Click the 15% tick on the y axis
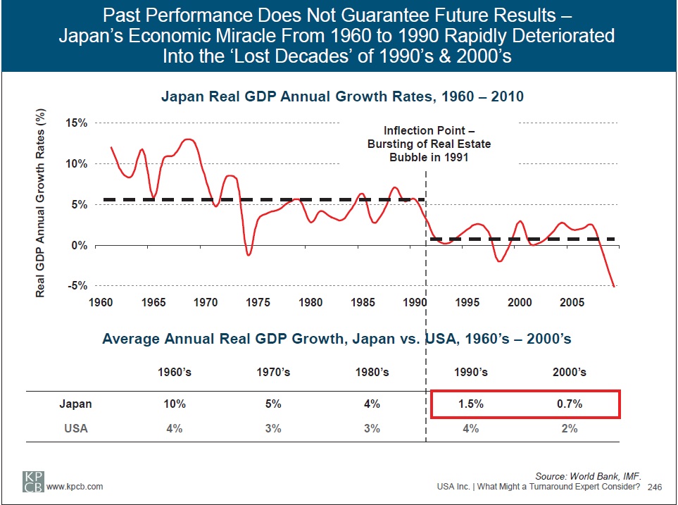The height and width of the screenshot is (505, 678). pos(76,123)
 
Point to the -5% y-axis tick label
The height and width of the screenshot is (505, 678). pos(77,286)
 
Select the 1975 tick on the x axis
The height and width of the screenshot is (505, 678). pos(258,302)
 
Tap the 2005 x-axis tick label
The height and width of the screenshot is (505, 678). pos(572,302)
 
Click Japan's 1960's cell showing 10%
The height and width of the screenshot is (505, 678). pos(174,404)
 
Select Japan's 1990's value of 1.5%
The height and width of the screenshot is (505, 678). pos(470,404)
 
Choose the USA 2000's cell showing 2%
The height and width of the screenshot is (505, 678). pos(569,428)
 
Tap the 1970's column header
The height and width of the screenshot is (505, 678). pos(273,372)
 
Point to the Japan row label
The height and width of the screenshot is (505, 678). pos(75,404)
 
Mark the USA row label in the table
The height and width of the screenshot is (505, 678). pos(75,428)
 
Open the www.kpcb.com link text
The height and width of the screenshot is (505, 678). pos(75,487)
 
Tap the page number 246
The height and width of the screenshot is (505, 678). pos(655,487)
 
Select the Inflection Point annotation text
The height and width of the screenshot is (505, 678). pos(429,144)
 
